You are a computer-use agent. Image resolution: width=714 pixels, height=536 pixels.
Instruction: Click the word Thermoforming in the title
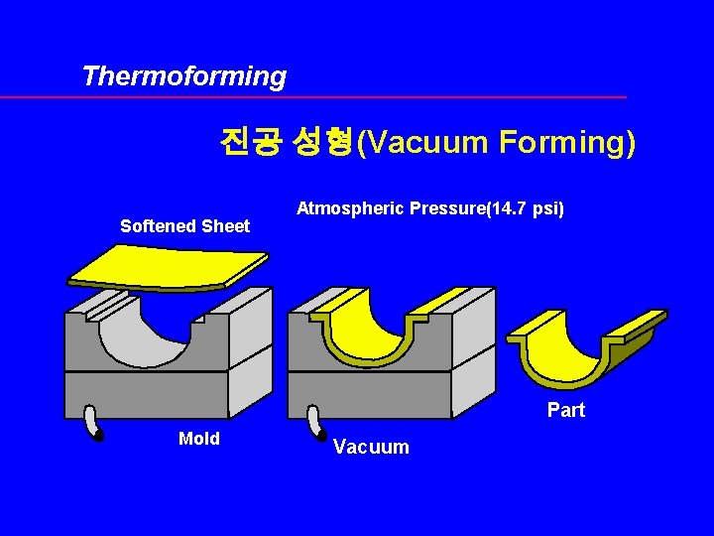[x=184, y=76]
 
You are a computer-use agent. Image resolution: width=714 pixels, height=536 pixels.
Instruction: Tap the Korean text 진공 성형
[x=287, y=143]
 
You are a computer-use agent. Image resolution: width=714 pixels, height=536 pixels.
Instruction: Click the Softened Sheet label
[x=184, y=226]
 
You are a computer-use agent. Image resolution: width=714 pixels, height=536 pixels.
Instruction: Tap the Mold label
[x=198, y=439]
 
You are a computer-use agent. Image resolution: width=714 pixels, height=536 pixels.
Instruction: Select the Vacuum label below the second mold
[x=371, y=447]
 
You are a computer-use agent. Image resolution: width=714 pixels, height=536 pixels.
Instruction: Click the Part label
[x=566, y=410]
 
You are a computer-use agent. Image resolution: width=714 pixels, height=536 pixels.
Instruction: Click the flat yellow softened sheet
[x=169, y=266]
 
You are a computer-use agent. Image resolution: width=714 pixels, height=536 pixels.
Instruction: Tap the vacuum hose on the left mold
[x=95, y=424]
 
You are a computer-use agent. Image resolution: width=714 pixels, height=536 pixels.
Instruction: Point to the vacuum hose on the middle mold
[x=318, y=424]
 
